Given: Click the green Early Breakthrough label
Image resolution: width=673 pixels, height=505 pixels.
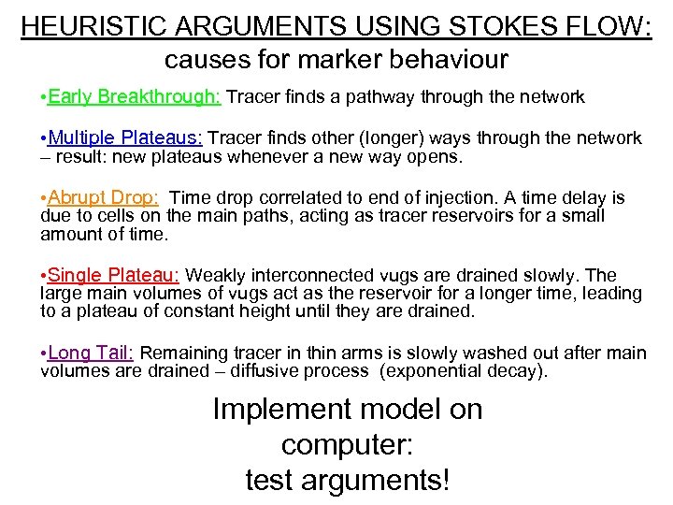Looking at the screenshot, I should click(134, 96).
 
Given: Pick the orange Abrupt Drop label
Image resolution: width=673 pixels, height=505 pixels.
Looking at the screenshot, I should click(103, 197).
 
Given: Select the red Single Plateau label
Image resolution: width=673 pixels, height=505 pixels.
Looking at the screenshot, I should click(113, 275).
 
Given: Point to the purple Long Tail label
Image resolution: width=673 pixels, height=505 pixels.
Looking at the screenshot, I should click(91, 353).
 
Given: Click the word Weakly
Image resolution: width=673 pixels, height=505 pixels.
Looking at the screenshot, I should click(217, 275).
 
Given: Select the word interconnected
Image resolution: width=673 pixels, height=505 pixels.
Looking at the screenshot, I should click(312, 275).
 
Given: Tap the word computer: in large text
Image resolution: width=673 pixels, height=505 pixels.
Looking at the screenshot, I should click(347, 445).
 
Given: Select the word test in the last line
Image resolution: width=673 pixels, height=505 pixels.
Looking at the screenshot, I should click(270, 480).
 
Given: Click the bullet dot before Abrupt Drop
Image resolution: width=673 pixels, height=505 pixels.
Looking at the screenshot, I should click(43, 198).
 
